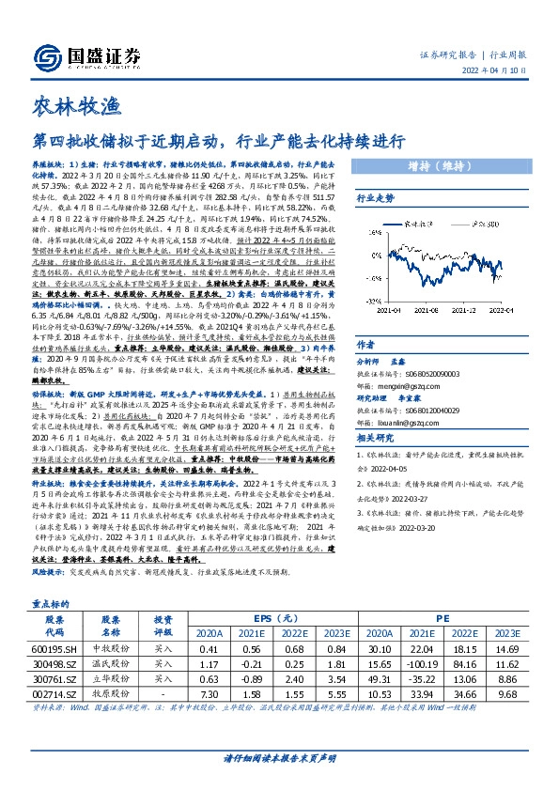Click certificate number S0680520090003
450,374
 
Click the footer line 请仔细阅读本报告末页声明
279,758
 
